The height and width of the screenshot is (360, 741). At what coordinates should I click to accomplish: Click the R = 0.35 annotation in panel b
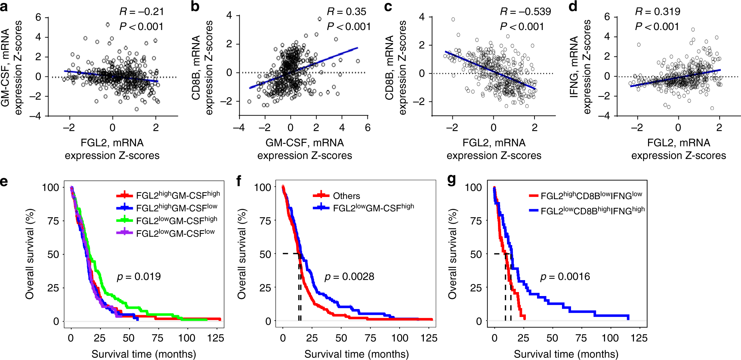point(346,12)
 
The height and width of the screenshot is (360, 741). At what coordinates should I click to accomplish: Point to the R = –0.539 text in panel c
point(525,12)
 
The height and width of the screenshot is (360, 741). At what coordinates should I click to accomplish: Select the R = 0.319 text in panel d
point(657,12)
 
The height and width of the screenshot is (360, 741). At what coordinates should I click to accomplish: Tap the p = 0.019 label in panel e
point(139,277)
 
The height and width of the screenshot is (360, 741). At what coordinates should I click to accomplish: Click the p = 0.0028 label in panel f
point(349,277)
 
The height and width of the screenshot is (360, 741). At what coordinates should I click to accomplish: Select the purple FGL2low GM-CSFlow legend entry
point(166,233)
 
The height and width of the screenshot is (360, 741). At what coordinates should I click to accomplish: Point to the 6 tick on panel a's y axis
point(38,17)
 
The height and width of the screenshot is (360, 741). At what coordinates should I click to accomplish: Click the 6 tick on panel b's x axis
point(368,128)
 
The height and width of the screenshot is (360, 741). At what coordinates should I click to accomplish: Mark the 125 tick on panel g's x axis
point(639,338)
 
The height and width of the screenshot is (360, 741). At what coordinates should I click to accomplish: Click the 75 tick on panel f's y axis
point(265,221)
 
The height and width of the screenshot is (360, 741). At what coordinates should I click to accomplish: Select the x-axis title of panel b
point(305,149)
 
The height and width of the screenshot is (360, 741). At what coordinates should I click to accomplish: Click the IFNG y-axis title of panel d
point(580,67)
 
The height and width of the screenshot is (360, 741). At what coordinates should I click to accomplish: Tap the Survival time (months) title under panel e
point(144,354)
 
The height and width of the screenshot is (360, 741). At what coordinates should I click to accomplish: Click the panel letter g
point(452,180)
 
